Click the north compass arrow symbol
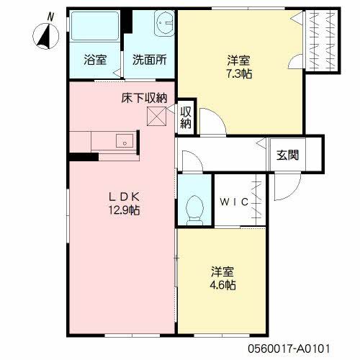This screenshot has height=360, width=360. click(45, 33)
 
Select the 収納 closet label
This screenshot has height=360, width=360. click(186, 117)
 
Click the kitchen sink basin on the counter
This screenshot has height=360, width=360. click(123, 141)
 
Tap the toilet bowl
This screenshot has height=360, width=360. click(193, 207)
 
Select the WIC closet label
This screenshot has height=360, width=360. click(235, 202)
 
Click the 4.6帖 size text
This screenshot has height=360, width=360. click(222, 285)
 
